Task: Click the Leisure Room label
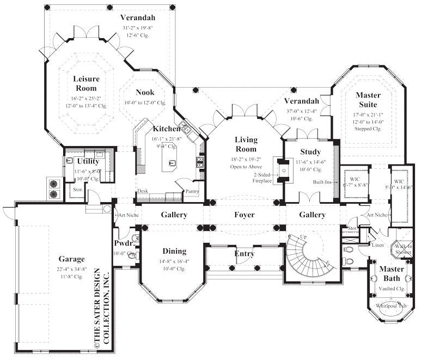(86, 83)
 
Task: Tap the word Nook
(145, 92)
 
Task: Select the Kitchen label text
(166, 129)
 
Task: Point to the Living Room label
(246, 144)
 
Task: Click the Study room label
(310, 151)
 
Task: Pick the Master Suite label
(369, 99)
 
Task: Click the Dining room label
(174, 251)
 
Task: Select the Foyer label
(244, 215)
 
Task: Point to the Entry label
(244, 254)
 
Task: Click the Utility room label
(88, 161)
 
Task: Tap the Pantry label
(191, 191)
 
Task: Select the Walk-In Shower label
(404, 249)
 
